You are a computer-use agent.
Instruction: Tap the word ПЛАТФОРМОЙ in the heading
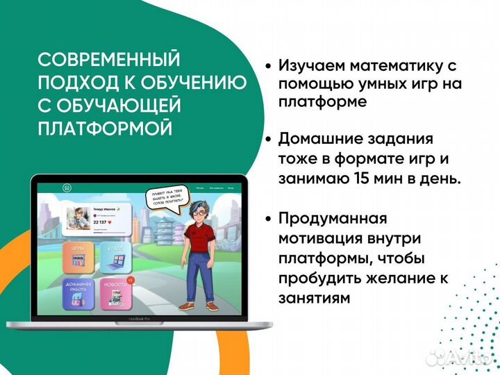pos(103,128)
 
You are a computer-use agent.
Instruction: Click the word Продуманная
pos(332,219)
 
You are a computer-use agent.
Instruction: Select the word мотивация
pos(322,239)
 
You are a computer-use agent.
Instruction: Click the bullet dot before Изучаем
pos(268,67)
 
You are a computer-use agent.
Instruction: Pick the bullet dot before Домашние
pos(268,139)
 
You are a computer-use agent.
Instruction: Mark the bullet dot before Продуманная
pos(268,219)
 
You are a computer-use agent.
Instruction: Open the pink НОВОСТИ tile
pos(115,293)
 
